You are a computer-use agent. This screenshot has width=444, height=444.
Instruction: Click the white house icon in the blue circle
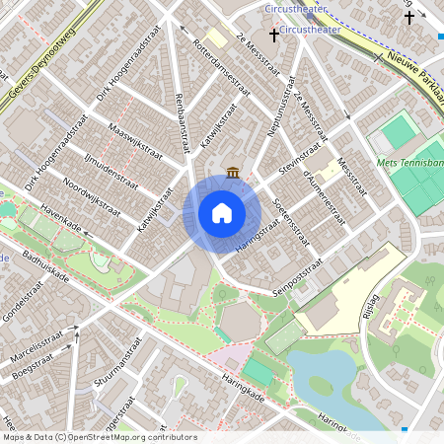pos(222,213)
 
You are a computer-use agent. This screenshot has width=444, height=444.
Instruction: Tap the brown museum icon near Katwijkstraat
pos(233,174)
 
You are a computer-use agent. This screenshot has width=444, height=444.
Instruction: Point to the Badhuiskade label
pos(40,263)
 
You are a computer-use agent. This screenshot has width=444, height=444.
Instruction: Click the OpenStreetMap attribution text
pos(99,437)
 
